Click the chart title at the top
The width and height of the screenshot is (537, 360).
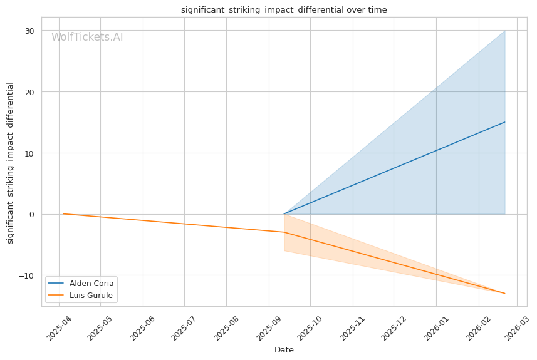(284, 10)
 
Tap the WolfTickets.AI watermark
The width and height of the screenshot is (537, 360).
(87, 38)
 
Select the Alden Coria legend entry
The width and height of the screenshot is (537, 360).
(91, 283)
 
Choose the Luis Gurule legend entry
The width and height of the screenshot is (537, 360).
(91, 295)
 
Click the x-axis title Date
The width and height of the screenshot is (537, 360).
(284, 350)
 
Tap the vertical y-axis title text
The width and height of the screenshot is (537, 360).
(10, 163)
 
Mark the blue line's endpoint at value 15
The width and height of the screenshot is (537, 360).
(505, 122)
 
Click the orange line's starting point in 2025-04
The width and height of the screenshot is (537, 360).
(63, 214)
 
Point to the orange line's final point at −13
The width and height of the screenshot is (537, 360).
(505, 294)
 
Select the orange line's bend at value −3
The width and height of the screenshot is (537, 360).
(284, 232)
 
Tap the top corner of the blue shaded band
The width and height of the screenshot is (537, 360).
(505, 31)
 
